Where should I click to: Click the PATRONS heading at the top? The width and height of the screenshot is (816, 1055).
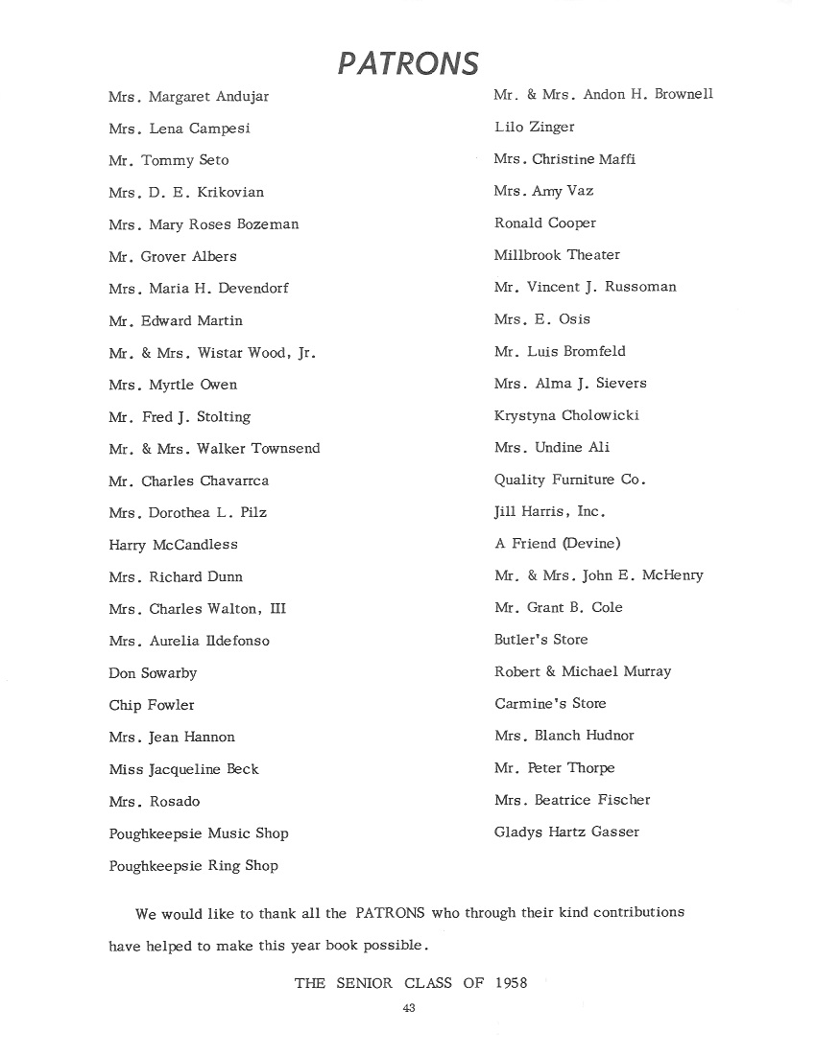click(x=408, y=63)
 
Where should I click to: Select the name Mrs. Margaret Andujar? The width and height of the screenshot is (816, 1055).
click(x=189, y=97)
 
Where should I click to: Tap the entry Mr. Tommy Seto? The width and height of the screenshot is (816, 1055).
click(x=169, y=160)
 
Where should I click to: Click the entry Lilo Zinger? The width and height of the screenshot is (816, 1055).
click(x=534, y=127)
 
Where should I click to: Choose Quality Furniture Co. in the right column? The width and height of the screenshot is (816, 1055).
click(x=570, y=480)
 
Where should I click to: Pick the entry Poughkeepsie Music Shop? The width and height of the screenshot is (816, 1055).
click(x=199, y=833)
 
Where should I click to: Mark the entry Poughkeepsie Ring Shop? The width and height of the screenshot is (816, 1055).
click(x=193, y=865)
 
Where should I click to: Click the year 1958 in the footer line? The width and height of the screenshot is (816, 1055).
click(x=512, y=983)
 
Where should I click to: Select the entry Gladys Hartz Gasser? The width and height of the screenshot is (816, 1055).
click(x=566, y=832)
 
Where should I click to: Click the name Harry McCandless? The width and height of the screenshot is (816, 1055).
click(x=173, y=545)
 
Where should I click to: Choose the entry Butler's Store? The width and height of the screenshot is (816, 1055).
click(x=540, y=640)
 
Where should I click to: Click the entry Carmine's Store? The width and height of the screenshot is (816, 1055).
click(x=550, y=704)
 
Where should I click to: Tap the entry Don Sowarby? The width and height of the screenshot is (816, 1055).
click(x=153, y=673)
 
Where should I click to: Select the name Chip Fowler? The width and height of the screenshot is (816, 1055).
click(x=152, y=705)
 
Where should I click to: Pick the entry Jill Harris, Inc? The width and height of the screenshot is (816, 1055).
click(x=550, y=511)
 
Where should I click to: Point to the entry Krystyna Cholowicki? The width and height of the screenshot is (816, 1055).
click(x=566, y=415)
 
